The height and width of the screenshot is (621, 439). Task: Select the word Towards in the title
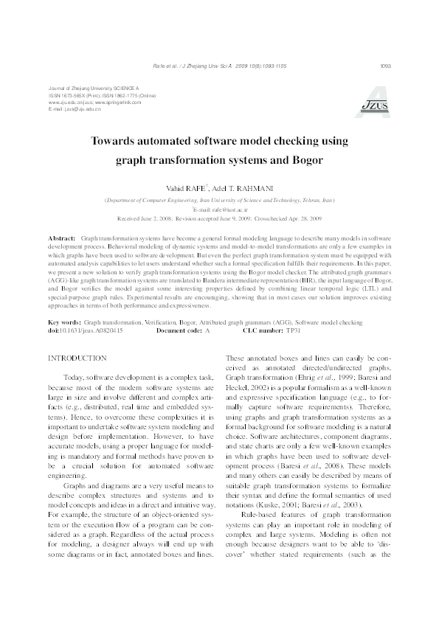pos(134,139)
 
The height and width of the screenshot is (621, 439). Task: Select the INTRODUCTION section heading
pos(77,358)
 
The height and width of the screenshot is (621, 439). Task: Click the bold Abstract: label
pos(62,240)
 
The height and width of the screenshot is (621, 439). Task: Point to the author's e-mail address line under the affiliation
pos(218,209)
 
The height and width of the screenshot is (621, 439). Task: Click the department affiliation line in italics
pos(219,200)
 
